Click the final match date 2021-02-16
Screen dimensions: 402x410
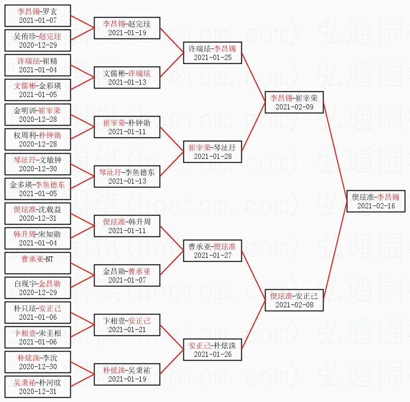pos(376,206)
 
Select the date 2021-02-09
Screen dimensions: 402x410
pos(294,107)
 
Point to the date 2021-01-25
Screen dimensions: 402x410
pos(212,58)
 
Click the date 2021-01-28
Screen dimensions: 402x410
pos(212,157)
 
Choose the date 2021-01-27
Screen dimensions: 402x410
pos(212,255)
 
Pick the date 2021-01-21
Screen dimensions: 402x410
pos(127,330)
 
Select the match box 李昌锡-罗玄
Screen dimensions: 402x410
pos(38,16)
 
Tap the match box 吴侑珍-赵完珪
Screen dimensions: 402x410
pos(38,40)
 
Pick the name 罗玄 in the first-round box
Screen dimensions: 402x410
pos(49,11)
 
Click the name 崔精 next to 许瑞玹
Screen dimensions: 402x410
pos(50,61)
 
